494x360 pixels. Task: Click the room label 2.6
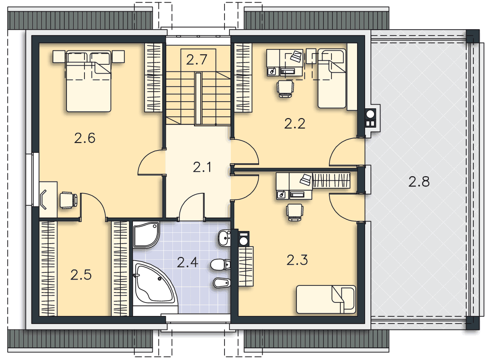pyautogui.click(x=85, y=138)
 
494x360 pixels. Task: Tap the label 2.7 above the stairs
pyautogui.click(x=197, y=60)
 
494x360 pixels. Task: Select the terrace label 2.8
pyautogui.click(x=419, y=182)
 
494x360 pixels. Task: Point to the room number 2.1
pyautogui.click(x=202, y=167)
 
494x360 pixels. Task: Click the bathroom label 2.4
pyautogui.click(x=187, y=262)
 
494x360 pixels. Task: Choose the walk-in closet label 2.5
pyautogui.click(x=81, y=275)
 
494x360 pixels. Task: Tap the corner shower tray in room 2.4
pyautogui.click(x=146, y=235)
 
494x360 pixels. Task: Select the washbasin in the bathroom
pyautogui.click(x=225, y=238)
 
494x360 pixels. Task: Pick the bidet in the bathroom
pyautogui.click(x=222, y=283)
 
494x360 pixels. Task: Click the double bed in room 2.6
pyautogui.click(x=88, y=81)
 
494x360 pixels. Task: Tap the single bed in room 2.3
pyautogui.click(x=326, y=299)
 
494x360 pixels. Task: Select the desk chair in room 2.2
pyautogui.click(x=286, y=88)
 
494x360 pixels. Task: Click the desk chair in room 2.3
pyautogui.click(x=295, y=212)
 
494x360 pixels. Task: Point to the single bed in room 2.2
pyautogui.click(x=332, y=78)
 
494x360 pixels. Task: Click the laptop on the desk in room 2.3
pyautogui.click(x=305, y=180)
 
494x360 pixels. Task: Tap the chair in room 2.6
pyautogui.click(x=68, y=200)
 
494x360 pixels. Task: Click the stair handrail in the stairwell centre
pyautogui.click(x=198, y=99)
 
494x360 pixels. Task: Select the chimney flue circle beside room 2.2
pyautogui.click(x=370, y=114)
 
